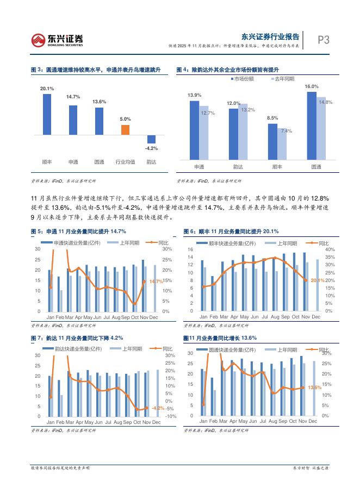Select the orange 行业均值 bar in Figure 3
(125, 129)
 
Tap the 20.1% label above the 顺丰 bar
(47, 88)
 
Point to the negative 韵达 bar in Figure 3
(151, 139)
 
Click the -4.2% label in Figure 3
(151, 148)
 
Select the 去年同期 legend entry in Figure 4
(282, 79)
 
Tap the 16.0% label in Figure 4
(312, 86)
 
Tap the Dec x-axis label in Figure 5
(154, 317)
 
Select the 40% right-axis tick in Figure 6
(330, 249)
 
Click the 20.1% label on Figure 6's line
(318, 280)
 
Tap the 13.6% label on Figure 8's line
(315, 387)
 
